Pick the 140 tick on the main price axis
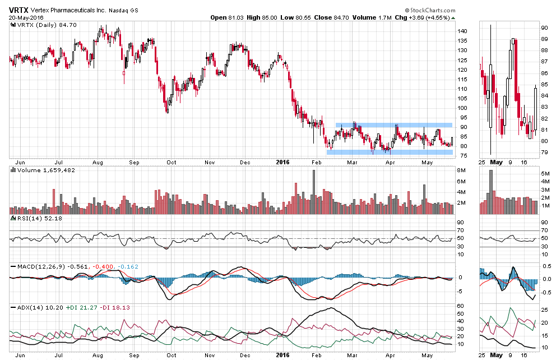[x=462, y=31]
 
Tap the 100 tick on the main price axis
[x=462, y=108]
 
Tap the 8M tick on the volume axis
[x=461, y=170]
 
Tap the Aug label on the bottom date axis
[x=98, y=354]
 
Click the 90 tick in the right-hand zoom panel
[x=544, y=27]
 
